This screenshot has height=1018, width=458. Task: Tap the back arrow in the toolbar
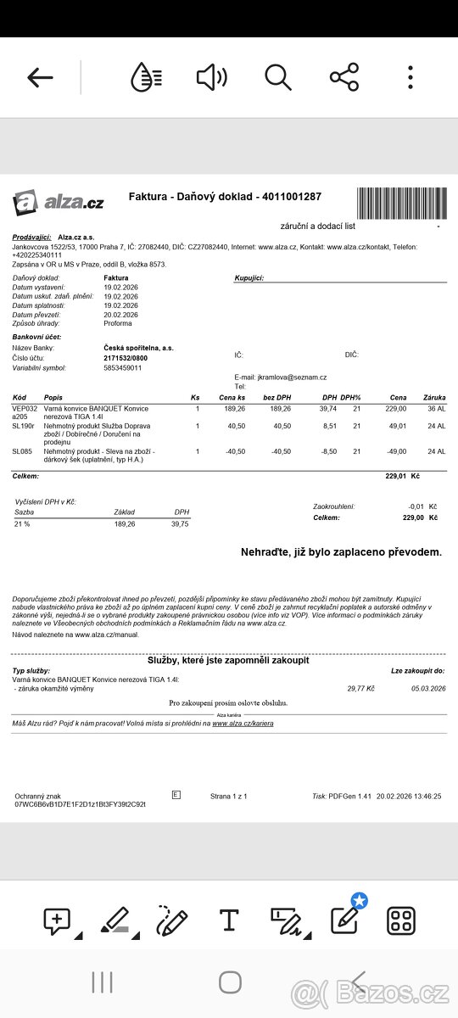tap(40, 78)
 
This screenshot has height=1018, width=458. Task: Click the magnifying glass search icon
tap(278, 77)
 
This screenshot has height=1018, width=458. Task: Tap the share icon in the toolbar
tap(343, 77)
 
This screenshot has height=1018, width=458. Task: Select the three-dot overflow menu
tap(411, 77)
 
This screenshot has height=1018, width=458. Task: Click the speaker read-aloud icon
tap(211, 77)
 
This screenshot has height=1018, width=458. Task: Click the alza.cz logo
tap(59, 202)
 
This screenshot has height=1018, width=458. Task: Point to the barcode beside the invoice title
tap(400, 202)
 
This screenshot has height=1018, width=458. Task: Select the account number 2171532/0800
tap(126, 358)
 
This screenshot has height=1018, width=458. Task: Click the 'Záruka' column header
tap(434, 397)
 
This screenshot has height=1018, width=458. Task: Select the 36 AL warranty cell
tap(436, 408)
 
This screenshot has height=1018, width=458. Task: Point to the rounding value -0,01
tap(411, 506)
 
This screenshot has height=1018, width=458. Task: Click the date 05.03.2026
tap(428, 689)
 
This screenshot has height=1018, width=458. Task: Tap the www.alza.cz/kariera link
tap(243, 724)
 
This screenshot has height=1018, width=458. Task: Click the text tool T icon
tap(228, 920)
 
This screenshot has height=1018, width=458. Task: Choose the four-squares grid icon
tap(400, 920)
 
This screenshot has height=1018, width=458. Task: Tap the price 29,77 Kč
tap(360, 689)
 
